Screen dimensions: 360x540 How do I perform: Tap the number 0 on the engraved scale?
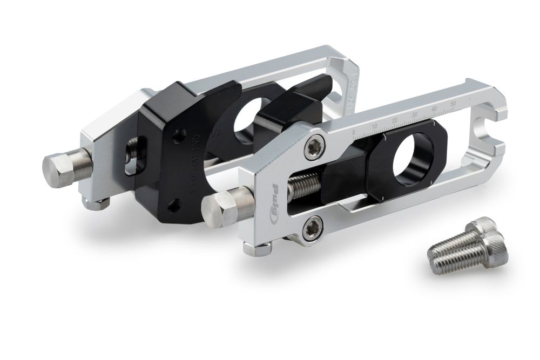coord(354,132)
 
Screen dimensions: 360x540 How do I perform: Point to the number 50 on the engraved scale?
coord(453,102)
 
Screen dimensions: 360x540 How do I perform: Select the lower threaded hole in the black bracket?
coord(172,205)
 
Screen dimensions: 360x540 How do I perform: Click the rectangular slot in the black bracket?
coord(131,156)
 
